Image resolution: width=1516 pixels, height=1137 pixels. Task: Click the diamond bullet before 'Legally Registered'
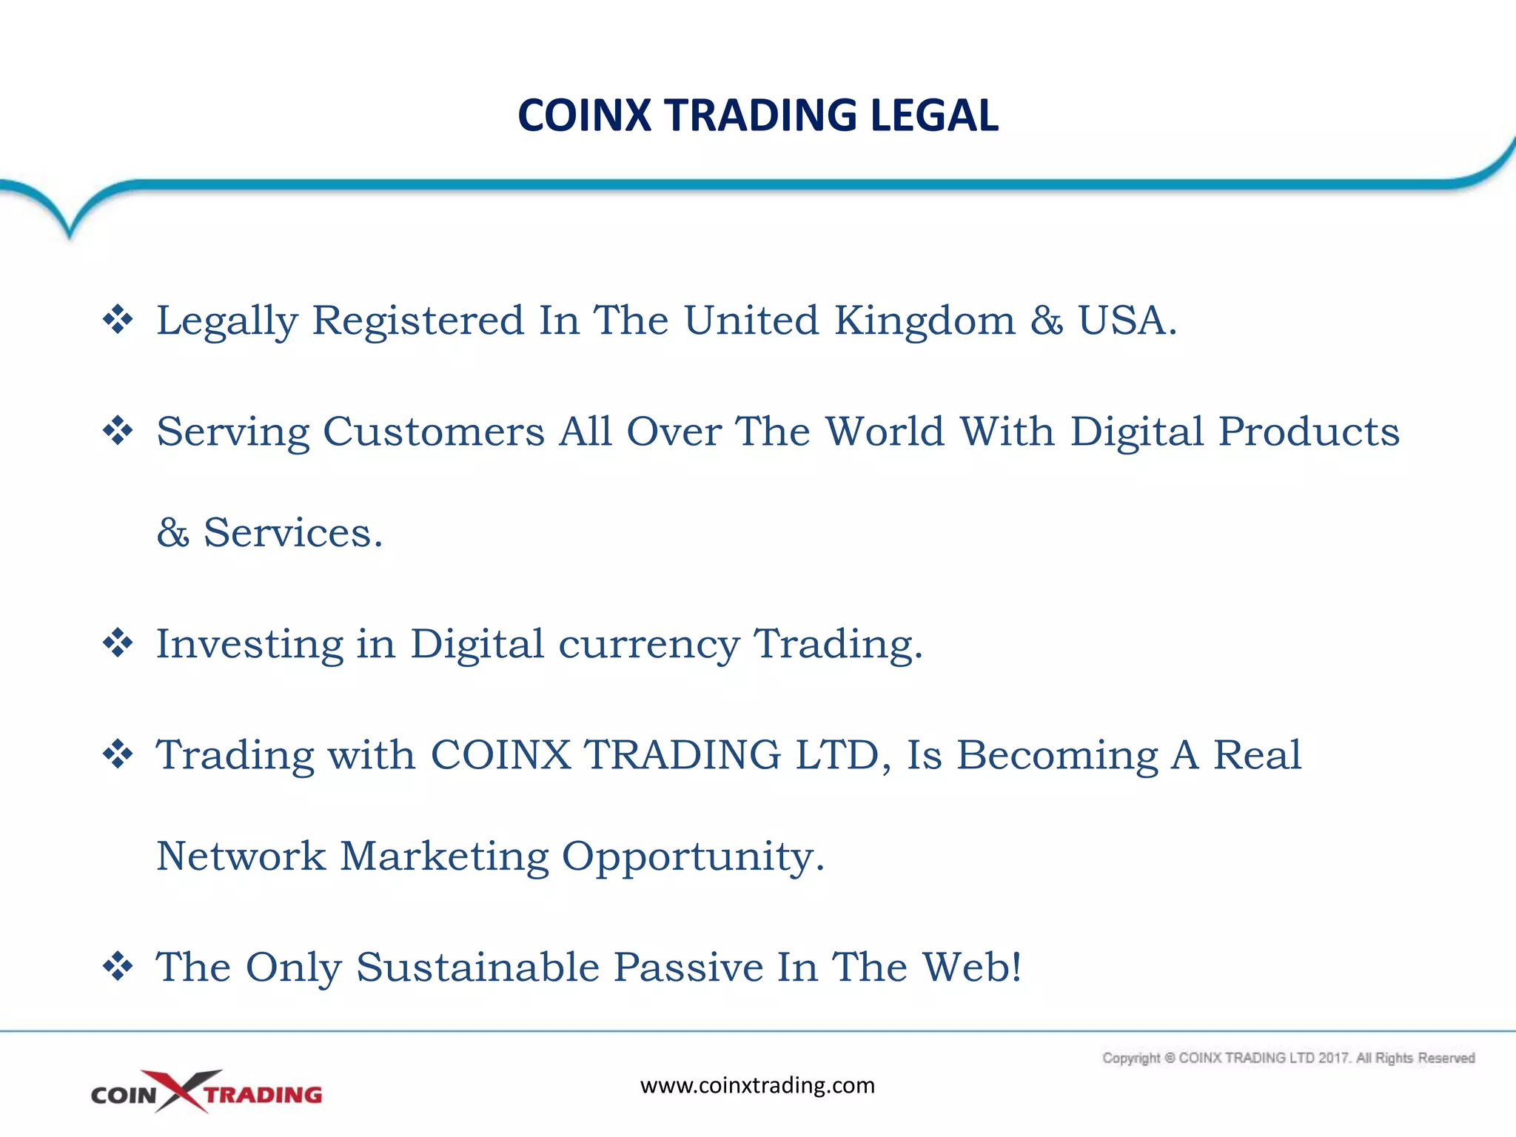(x=118, y=320)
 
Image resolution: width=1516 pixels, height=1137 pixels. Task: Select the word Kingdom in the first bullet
(x=925, y=321)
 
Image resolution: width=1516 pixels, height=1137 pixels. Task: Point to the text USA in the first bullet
(x=1121, y=321)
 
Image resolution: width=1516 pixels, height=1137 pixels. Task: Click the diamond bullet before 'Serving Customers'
(x=118, y=431)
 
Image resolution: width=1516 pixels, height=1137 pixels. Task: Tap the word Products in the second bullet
(x=1309, y=432)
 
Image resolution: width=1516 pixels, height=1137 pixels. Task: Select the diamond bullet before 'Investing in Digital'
(x=118, y=643)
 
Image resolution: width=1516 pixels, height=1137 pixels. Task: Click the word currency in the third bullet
(x=648, y=645)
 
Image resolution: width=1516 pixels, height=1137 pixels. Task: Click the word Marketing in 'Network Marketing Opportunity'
(x=444, y=856)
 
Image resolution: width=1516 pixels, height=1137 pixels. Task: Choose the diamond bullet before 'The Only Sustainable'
(x=118, y=967)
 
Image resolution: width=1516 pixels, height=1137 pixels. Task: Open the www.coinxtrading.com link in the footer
(x=757, y=1086)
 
